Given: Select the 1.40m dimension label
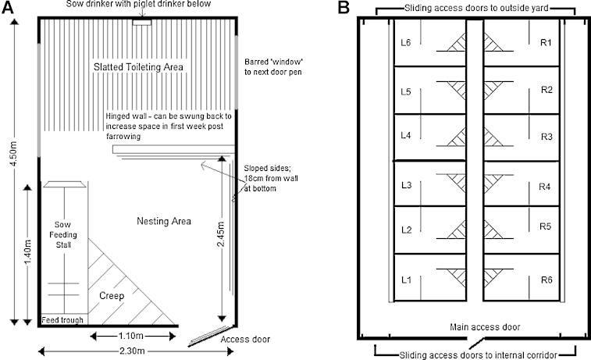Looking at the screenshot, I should tap(27, 254).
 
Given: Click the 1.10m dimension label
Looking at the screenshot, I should tap(130, 336).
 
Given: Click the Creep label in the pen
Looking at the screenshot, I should tap(111, 296).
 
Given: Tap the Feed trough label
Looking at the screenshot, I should tap(63, 319).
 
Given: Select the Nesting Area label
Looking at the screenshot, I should tap(162, 222).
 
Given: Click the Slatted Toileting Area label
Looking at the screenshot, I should tap(138, 67).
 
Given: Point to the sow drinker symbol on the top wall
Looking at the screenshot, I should tap(141, 21).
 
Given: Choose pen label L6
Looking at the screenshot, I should tap(405, 42).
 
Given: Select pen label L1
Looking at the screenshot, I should tap(405, 280).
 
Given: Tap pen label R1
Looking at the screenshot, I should tap(546, 42).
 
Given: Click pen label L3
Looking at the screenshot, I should tap(405, 186).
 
